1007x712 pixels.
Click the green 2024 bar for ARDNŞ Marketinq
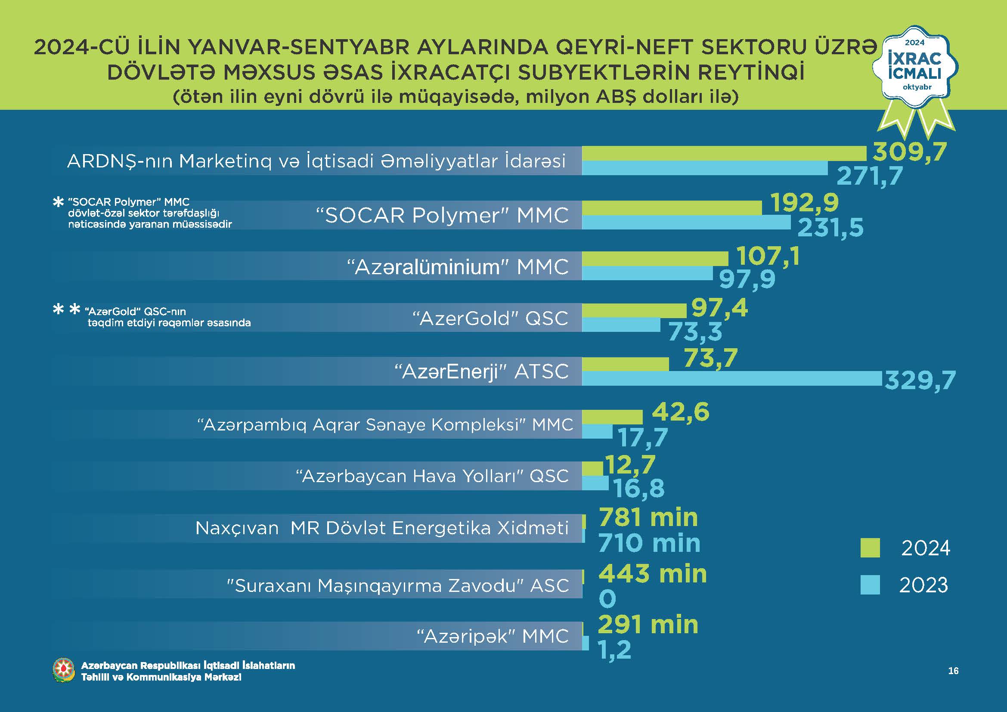click(x=724, y=154)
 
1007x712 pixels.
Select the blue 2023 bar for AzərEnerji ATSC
click(x=731, y=378)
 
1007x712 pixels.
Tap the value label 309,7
click(x=910, y=152)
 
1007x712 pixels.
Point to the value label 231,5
click(x=830, y=228)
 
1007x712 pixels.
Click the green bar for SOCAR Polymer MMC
click(x=672, y=208)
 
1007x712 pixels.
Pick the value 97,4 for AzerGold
click(x=719, y=308)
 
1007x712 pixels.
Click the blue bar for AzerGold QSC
click(x=621, y=325)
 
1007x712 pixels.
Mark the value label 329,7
click(x=920, y=380)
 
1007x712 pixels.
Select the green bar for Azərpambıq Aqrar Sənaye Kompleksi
click(x=612, y=417)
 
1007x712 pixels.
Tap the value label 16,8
click(x=639, y=489)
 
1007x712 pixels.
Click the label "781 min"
click(x=648, y=517)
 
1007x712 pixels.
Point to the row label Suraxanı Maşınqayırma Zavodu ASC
click(x=397, y=585)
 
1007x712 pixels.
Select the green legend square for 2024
click(x=870, y=548)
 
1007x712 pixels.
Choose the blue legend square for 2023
click(x=870, y=585)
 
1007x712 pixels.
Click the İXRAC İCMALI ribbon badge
click(x=914, y=70)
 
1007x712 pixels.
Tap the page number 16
click(x=953, y=671)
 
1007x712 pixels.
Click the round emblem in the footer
click(x=64, y=670)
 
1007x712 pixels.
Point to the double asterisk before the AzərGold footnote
click(x=66, y=310)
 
